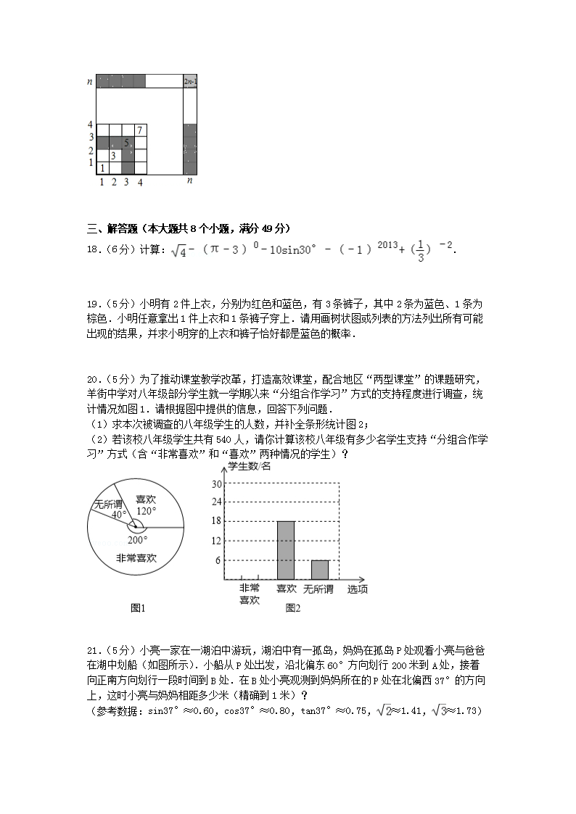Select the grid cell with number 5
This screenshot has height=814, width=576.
click(x=127, y=143)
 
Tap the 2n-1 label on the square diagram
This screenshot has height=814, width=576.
click(x=190, y=81)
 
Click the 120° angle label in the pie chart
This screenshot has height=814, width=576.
click(x=146, y=510)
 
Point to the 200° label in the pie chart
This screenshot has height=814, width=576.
click(x=137, y=539)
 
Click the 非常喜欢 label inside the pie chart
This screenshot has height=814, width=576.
click(x=136, y=558)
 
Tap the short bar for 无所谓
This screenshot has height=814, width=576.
click(x=320, y=570)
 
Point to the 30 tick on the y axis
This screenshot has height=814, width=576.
click(x=216, y=483)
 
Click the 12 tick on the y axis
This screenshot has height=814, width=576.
click(x=216, y=541)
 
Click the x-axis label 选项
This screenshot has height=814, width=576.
click(x=357, y=589)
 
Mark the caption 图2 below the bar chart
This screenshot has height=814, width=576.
click(x=293, y=608)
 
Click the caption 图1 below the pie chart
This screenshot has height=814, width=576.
click(x=138, y=608)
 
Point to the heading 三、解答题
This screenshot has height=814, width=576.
click(x=112, y=228)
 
